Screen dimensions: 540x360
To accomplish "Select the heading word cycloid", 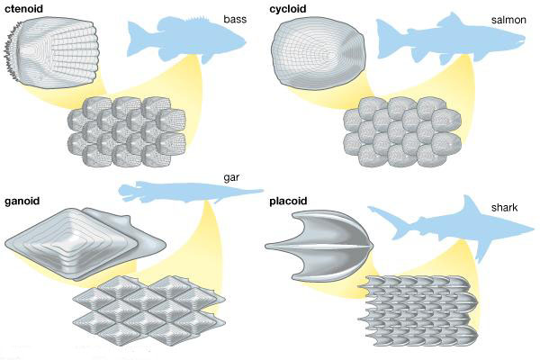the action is coord(292,8).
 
